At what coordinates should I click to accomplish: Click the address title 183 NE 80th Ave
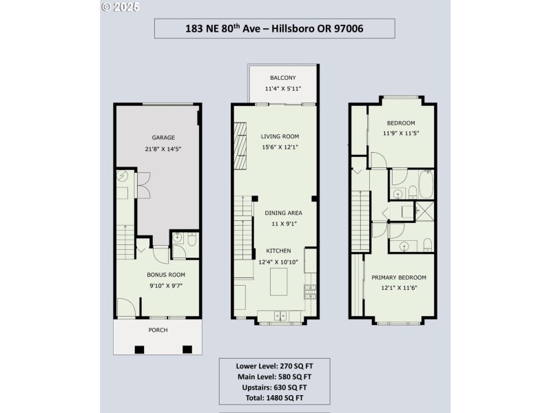click(274, 28)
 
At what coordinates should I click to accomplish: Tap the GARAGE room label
click(158, 138)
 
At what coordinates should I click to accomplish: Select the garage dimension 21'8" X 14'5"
click(158, 148)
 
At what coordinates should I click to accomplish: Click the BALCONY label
click(282, 78)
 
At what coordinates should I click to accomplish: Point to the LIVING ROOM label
click(280, 136)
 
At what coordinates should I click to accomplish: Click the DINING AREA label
click(284, 213)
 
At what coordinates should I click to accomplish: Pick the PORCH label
click(158, 330)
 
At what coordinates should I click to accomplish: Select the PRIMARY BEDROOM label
click(399, 277)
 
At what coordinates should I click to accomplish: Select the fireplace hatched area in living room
click(240, 146)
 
